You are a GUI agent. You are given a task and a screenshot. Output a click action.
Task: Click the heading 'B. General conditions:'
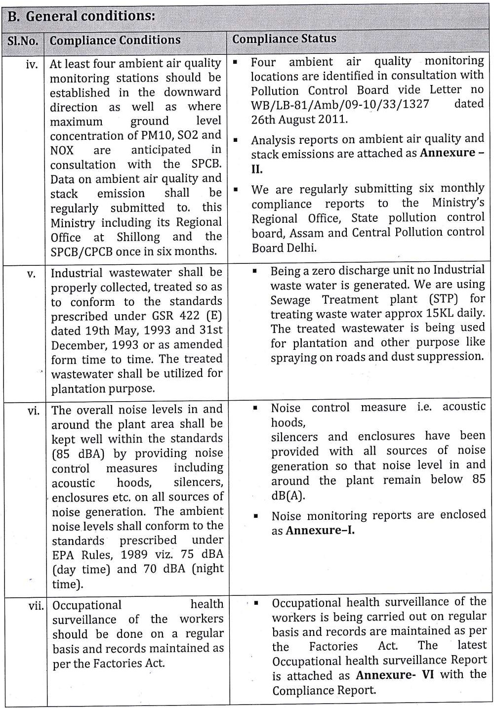82,16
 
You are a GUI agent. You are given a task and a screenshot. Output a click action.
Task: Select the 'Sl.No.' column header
23,41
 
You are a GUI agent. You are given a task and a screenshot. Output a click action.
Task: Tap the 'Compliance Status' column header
284,39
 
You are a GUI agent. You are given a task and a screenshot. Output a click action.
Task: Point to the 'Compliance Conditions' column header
115,40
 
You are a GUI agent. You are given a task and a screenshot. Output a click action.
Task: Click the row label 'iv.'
32,64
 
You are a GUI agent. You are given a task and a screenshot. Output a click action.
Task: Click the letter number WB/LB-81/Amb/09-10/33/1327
340,104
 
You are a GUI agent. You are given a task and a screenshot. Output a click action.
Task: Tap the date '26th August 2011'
299,119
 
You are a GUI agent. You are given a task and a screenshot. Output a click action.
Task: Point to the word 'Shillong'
138,237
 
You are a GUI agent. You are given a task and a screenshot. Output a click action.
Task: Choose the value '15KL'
444,313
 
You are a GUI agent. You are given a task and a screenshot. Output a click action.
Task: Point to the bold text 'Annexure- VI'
395,675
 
